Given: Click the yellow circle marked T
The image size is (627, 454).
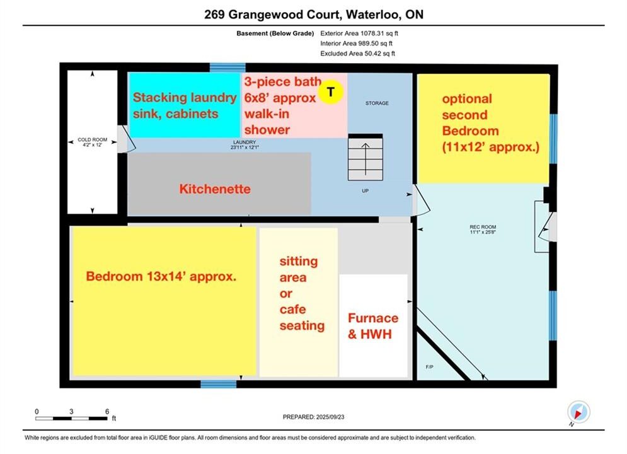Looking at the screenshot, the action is click(x=331, y=92).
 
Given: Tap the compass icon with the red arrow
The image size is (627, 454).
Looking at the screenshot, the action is click(x=578, y=412).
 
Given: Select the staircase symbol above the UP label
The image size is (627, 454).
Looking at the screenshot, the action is click(x=365, y=157).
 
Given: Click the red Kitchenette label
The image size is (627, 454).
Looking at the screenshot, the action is click(x=215, y=189).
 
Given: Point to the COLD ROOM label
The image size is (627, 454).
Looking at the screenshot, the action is click(x=93, y=142).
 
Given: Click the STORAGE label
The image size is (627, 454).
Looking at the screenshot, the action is click(x=377, y=103).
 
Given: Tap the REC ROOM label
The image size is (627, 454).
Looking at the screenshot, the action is click(x=483, y=229).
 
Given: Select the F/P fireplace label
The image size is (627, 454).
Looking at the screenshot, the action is click(x=430, y=367).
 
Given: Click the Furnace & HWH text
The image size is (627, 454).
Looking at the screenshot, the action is click(x=373, y=326).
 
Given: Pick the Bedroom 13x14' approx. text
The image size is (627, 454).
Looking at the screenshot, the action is click(x=161, y=276).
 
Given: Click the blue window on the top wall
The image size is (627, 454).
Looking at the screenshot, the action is click(x=227, y=67).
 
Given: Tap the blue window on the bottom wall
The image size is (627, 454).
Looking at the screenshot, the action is click(x=218, y=384).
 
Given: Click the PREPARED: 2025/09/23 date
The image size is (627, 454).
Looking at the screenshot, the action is click(x=314, y=417).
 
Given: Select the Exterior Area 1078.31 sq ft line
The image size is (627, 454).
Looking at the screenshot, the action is click(x=359, y=33).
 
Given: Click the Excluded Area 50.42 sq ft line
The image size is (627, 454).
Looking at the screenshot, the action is click(x=357, y=54).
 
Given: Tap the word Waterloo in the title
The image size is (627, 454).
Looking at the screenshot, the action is click(x=372, y=15).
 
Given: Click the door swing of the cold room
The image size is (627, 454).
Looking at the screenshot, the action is click(x=127, y=139).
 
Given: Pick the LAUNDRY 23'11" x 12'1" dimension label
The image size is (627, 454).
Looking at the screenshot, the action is click(x=244, y=145).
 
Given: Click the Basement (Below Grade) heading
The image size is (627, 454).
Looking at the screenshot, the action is click(x=275, y=33).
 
